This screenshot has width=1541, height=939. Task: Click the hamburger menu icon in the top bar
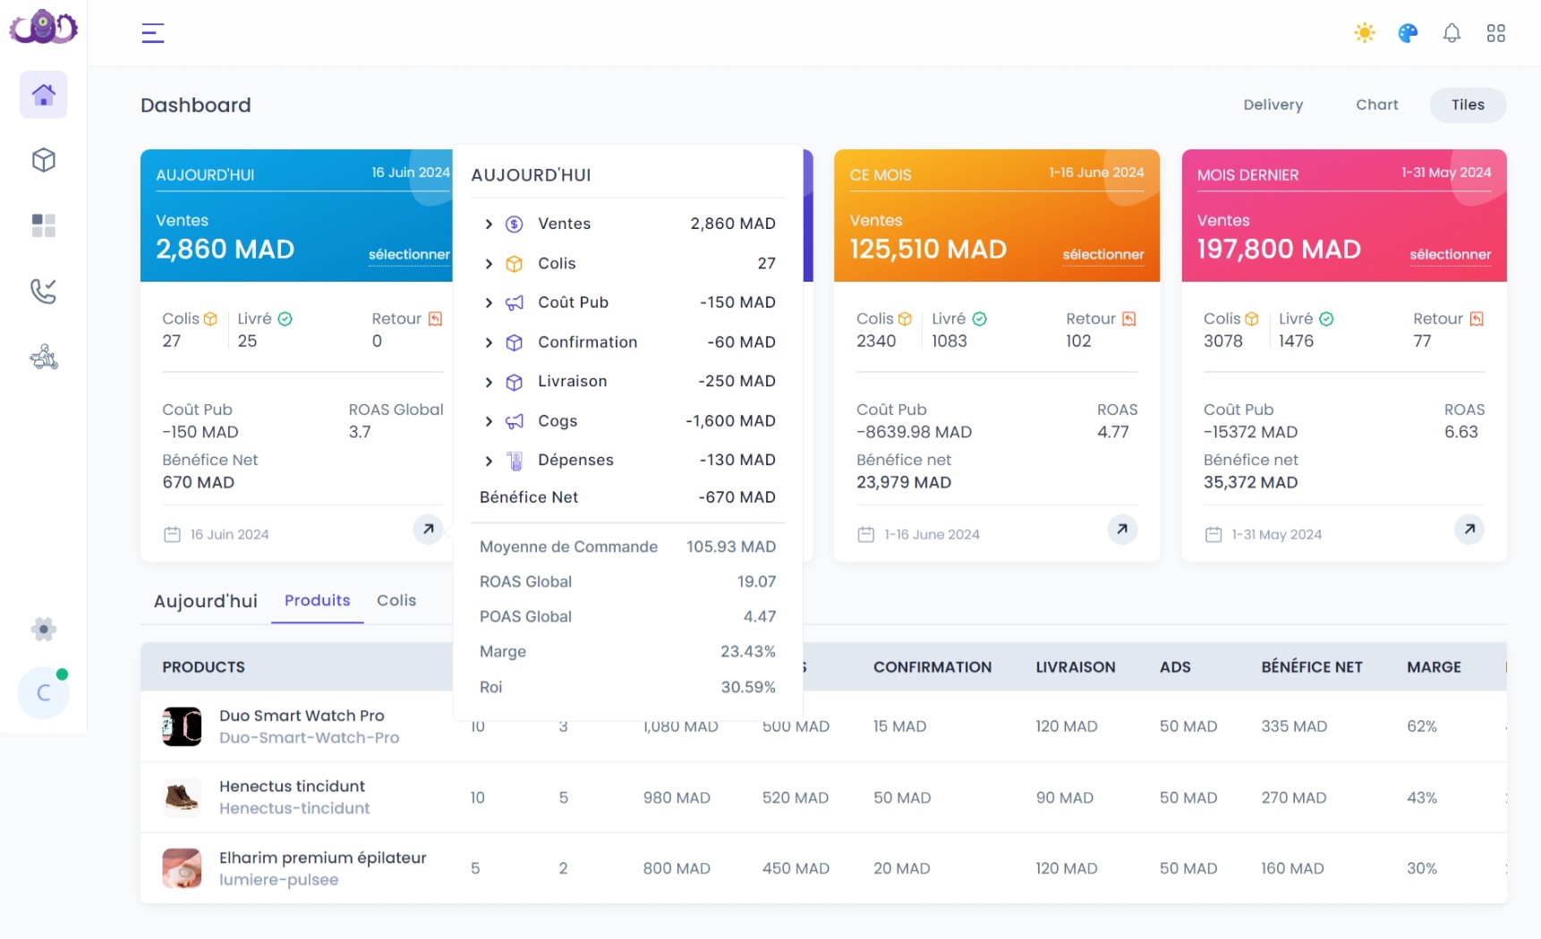(153, 33)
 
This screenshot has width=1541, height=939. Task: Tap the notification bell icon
(1452, 33)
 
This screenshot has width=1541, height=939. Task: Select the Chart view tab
(1376, 105)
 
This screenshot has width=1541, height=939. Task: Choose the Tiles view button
(1467, 105)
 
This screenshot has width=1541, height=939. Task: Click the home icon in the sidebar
(43, 95)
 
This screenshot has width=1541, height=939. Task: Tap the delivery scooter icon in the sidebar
(43, 358)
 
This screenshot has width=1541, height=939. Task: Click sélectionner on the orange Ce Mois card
(1103, 255)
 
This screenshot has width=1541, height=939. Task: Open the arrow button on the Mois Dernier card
(1469, 529)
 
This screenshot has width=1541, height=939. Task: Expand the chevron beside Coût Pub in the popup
(489, 303)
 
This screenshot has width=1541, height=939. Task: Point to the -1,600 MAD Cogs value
(730, 421)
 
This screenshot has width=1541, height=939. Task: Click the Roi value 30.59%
(748, 688)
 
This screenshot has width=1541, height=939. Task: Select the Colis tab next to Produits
(396, 601)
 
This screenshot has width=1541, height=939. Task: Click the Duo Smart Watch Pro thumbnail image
(182, 726)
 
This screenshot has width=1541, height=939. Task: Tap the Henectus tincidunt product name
(292, 786)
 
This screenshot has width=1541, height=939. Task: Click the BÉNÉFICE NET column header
(1311, 667)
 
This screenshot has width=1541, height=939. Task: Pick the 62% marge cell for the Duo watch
(1421, 726)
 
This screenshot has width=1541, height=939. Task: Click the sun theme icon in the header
(1364, 33)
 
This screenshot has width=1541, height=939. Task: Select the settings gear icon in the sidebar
(43, 629)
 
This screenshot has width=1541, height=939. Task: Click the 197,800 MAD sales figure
(1278, 250)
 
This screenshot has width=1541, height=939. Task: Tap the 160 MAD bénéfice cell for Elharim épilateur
(1292, 868)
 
